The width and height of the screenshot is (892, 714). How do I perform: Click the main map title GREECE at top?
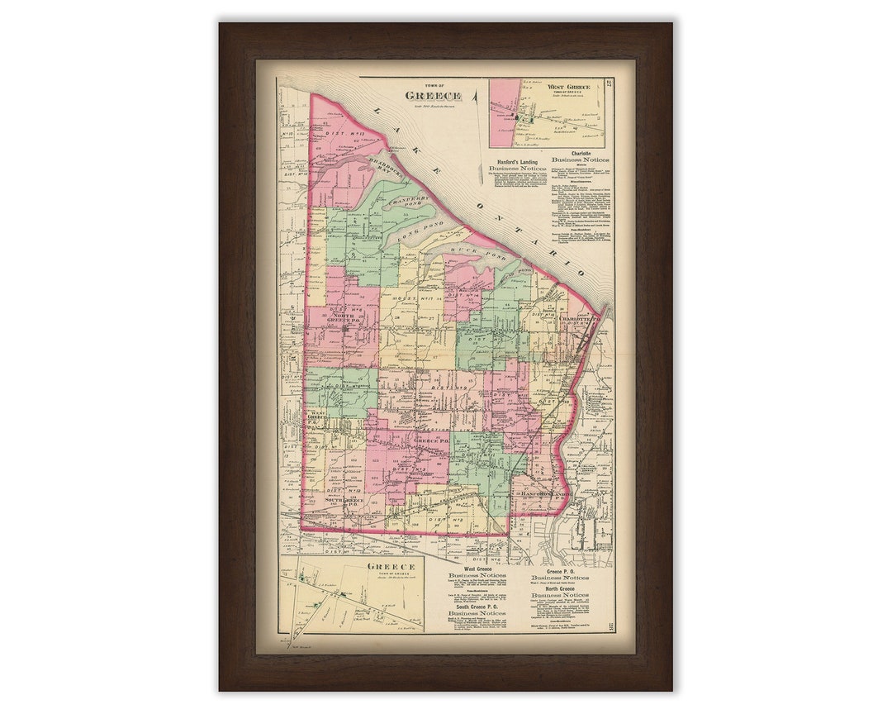click(433, 95)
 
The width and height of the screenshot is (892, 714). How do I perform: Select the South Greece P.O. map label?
click(344, 501)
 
